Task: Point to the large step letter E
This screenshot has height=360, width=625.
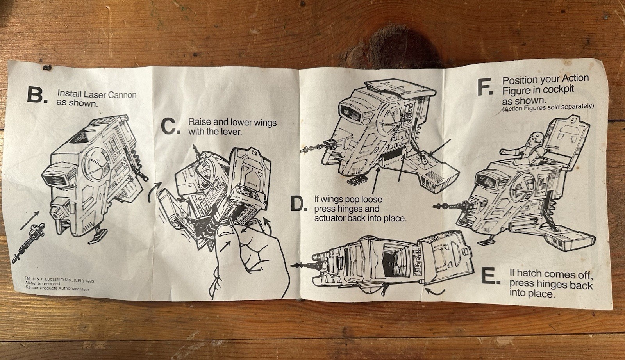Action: [x=491, y=276]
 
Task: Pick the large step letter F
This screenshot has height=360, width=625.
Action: [x=485, y=87]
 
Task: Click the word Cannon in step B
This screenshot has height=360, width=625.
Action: [x=122, y=95]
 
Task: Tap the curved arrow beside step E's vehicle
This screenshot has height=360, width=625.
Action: [x=435, y=292]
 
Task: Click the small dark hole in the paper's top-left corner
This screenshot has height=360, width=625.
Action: [x=46, y=68]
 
